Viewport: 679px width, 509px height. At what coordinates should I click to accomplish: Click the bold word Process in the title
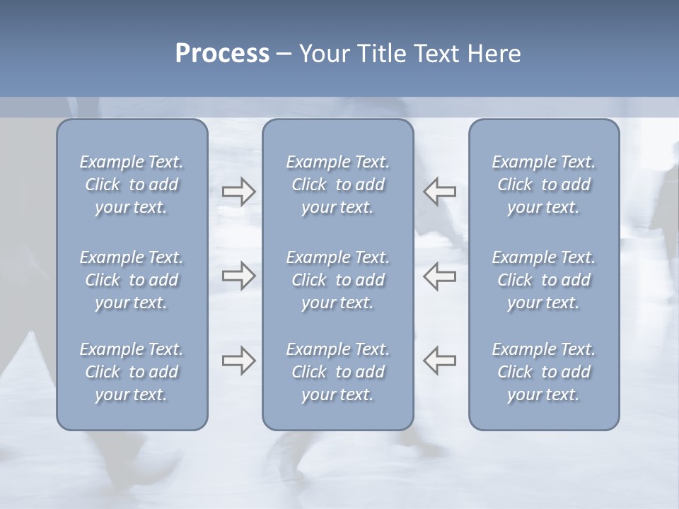point(222,54)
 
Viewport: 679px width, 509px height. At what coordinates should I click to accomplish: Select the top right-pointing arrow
point(239,191)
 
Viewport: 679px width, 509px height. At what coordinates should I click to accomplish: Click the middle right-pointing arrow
point(239,276)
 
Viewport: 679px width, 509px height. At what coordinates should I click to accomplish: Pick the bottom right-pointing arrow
point(239,361)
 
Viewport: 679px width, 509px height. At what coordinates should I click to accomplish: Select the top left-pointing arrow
point(440,191)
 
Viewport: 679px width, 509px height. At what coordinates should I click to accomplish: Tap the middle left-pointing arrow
point(440,276)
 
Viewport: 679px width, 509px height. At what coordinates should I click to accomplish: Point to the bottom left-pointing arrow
point(440,361)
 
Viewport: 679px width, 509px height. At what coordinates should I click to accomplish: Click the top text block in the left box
point(132,185)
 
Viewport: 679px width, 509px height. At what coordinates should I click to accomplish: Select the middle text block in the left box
point(132,280)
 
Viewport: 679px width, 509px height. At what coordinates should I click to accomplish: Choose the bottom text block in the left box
point(132,372)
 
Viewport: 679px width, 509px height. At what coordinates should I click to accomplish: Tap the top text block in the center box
point(337,185)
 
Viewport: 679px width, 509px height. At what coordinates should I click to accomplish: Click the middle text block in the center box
point(337,280)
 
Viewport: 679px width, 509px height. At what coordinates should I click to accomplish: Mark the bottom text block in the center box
point(337,372)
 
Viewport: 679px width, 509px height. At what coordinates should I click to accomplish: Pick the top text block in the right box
point(544,185)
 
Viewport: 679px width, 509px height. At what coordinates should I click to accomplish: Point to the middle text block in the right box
point(544,280)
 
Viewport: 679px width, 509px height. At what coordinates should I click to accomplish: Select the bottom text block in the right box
point(544,372)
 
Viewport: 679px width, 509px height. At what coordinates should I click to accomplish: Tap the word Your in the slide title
point(323,54)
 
